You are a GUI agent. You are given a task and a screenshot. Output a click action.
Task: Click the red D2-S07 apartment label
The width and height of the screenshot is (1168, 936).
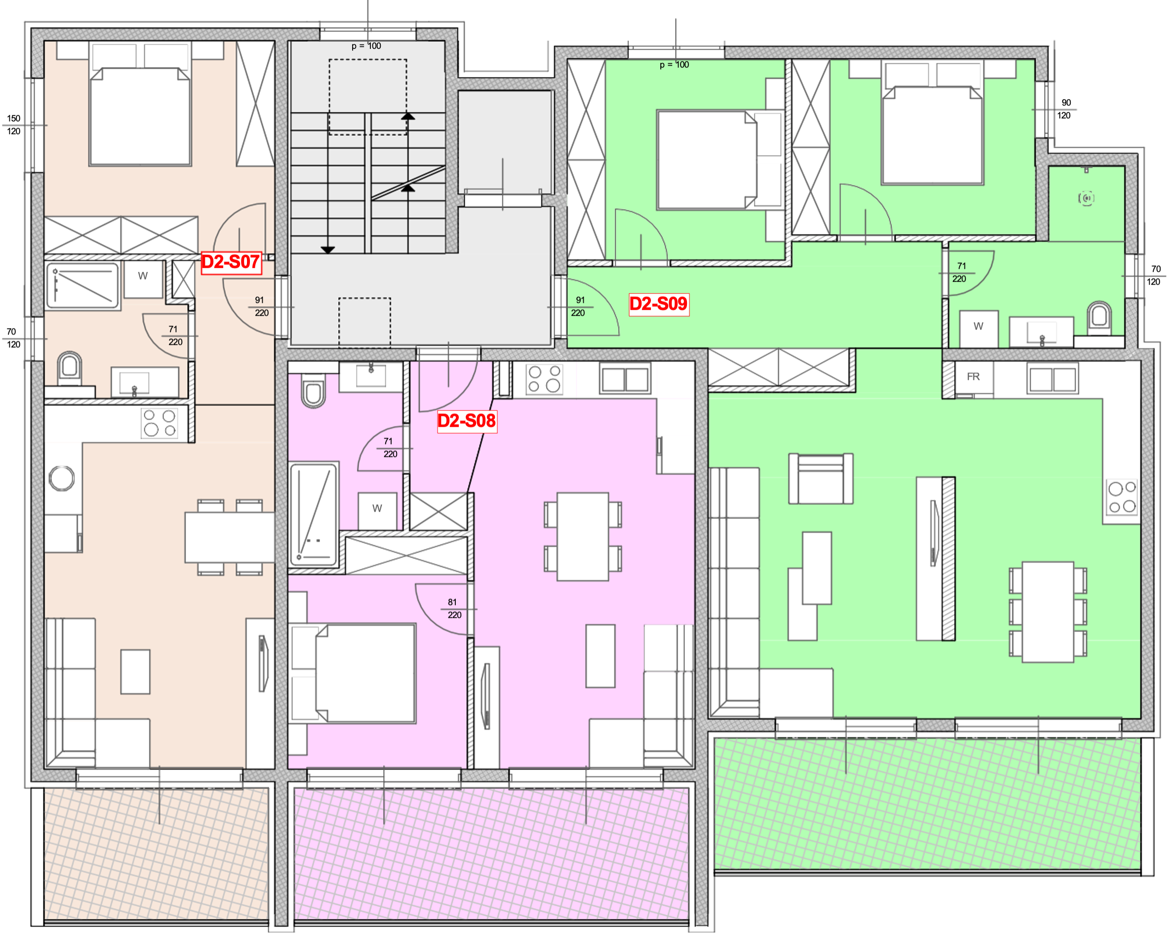pyautogui.click(x=231, y=262)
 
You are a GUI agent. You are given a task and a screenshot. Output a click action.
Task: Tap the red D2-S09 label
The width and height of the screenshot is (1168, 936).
pyautogui.click(x=659, y=304)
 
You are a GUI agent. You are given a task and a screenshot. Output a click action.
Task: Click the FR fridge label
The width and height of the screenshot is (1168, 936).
pyautogui.click(x=973, y=376)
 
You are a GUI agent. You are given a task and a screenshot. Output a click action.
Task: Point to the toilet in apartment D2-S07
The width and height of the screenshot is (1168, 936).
pyautogui.click(x=69, y=368)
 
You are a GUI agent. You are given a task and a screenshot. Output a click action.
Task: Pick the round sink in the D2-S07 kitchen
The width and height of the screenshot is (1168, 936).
pyautogui.click(x=62, y=478)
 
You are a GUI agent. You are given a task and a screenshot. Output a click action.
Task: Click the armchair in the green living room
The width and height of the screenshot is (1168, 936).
pyautogui.click(x=821, y=479)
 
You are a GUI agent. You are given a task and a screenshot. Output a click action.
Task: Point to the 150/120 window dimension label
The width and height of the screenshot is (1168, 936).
pyautogui.click(x=13, y=125)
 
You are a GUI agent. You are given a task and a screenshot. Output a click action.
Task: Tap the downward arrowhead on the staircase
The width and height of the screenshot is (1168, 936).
pyautogui.click(x=328, y=250)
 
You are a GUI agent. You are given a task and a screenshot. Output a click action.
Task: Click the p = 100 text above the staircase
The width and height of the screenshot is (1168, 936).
pyautogui.click(x=366, y=46)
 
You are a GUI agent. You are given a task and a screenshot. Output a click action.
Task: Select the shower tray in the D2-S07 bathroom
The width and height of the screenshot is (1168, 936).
pyautogui.click(x=83, y=286)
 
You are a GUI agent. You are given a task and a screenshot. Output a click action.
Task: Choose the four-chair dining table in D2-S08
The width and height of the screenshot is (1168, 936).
pyautogui.click(x=583, y=536)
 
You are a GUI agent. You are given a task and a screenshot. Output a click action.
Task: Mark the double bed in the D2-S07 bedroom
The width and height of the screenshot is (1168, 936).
pyautogui.click(x=140, y=116)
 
